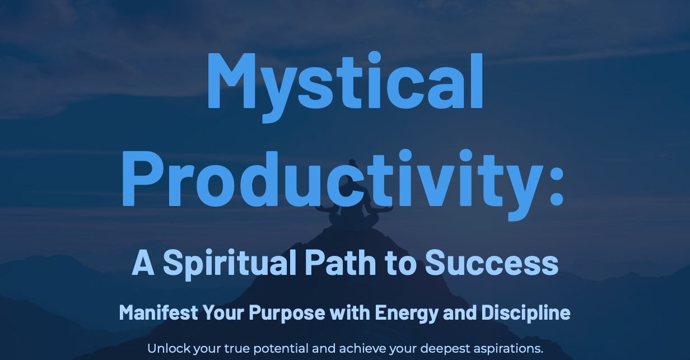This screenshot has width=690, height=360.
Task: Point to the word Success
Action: pos(491,263)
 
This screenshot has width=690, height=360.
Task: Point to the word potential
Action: pos(279,349)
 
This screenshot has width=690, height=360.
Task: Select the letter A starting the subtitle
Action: pos(143,263)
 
